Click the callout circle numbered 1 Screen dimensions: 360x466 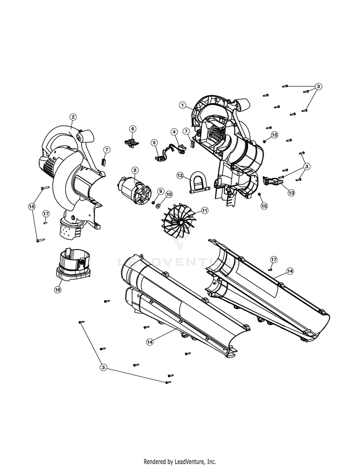(x=182, y=105)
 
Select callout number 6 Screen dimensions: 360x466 (x=132, y=129)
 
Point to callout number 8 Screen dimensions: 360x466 (x=135, y=170)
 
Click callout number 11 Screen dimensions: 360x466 (x=204, y=211)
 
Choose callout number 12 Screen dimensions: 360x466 (x=180, y=176)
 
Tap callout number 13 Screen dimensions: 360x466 (x=291, y=192)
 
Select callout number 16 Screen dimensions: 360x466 (x=58, y=289)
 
